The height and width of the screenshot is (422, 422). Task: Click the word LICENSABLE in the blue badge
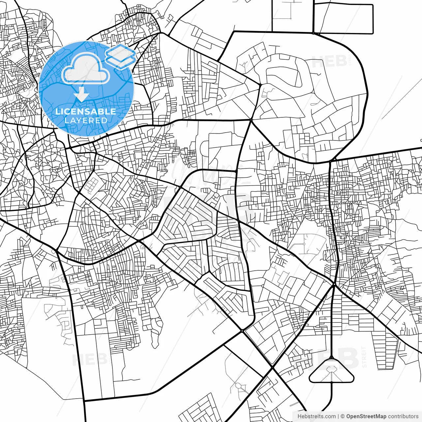pyautogui.click(x=86, y=111)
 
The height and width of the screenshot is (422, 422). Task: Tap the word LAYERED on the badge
pyautogui.click(x=86, y=120)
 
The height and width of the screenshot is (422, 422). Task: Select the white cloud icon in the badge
pyautogui.click(x=86, y=69)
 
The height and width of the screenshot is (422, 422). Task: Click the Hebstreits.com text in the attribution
pyautogui.click(x=316, y=416)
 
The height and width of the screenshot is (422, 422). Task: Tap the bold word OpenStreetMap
pyautogui.click(x=366, y=416)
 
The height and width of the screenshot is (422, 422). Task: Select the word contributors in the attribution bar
pyautogui.click(x=403, y=416)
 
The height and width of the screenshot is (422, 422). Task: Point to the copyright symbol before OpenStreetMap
pyautogui.click(x=343, y=416)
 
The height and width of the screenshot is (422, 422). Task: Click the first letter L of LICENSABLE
pyautogui.click(x=58, y=111)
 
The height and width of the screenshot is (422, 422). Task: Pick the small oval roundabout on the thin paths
pyautogui.click(x=238, y=385)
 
